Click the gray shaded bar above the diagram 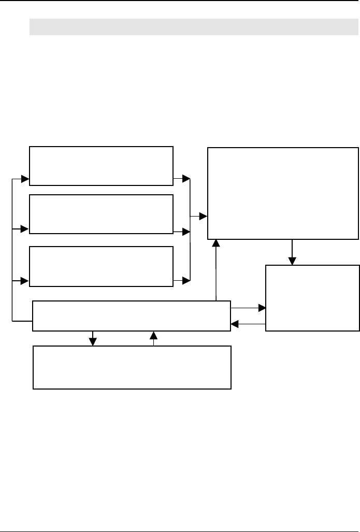click(190, 27)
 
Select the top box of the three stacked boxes click(101, 165)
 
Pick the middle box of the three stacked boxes click(101, 214)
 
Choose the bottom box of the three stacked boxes click(101, 266)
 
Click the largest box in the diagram click(283, 193)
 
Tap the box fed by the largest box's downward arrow click(312, 298)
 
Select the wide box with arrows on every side click(132, 315)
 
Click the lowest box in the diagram click(132, 367)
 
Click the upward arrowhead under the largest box click(215, 243)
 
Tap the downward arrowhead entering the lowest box click(93, 342)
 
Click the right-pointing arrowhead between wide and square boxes click(262, 308)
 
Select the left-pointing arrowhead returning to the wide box click(235, 324)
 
